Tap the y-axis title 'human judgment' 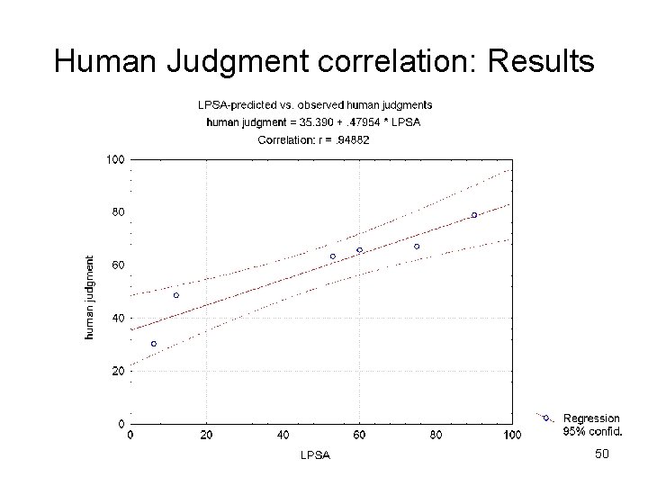[90, 297]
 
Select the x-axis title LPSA [315, 454]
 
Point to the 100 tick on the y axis [114, 160]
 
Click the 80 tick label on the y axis [117, 212]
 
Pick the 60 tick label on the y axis [117, 265]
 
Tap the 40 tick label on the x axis [283, 436]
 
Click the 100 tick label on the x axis [511, 436]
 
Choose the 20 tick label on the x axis [206, 436]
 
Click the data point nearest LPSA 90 [474, 215]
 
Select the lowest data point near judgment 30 [154, 344]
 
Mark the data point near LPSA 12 [176, 295]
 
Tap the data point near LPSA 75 [417, 246]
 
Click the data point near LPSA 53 [333, 256]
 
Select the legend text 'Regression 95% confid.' [591, 424]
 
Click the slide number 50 [602, 454]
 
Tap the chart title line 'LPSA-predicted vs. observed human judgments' [315, 104]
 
